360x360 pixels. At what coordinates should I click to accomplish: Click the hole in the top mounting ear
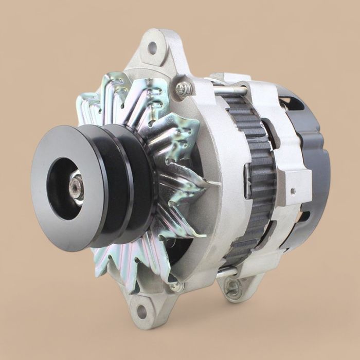click(x=152, y=48)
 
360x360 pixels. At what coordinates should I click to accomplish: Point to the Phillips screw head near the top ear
click(x=182, y=89)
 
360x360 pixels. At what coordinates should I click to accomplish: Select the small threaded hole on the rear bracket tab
click(x=293, y=191)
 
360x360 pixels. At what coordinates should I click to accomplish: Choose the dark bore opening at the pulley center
click(x=64, y=185)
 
